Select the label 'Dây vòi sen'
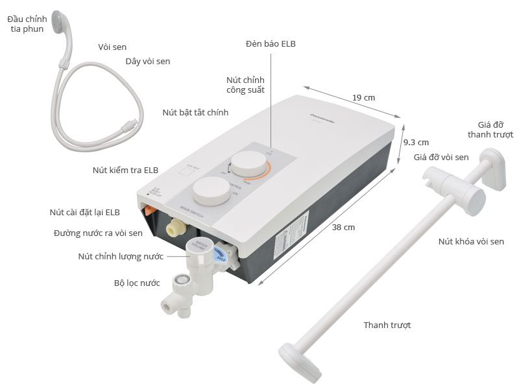147,62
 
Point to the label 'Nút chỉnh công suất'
245,84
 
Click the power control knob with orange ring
247,163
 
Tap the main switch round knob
211,192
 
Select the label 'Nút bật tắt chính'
195,112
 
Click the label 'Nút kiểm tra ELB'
125,171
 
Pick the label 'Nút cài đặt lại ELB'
93,212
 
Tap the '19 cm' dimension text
364,97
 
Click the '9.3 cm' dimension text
416,142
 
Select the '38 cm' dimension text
344,227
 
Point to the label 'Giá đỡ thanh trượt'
490,130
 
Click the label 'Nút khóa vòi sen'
471,241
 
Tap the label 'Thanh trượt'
387,325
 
